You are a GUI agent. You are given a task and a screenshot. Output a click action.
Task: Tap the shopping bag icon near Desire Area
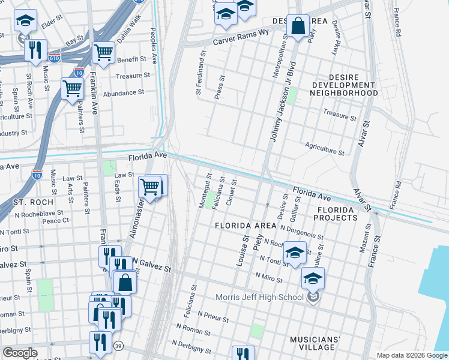pyautogui.click(x=298, y=26)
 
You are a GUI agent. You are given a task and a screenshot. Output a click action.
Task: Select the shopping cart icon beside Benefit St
pyautogui.click(x=104, y=52)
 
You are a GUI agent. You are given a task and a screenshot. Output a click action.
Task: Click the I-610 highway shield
pyautogui.click(x=55, y=58)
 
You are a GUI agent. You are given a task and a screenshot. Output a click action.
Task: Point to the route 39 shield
pyautogui.click(x=119, y=346)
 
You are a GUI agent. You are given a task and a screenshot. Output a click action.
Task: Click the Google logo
pyautogui.click(x=20, y=353)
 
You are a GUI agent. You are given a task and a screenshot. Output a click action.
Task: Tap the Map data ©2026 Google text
pyautogui.click(x=411, y=355)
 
